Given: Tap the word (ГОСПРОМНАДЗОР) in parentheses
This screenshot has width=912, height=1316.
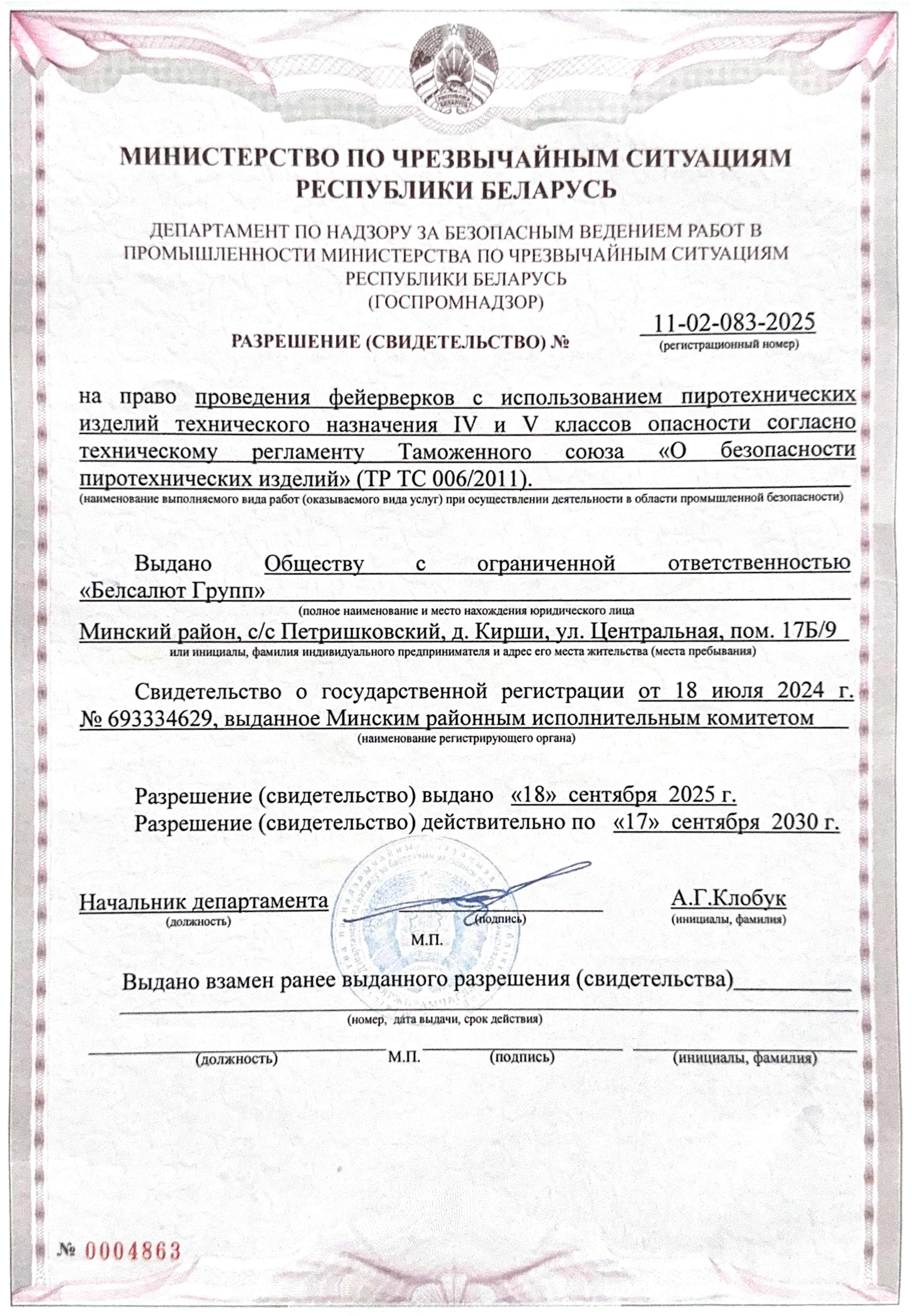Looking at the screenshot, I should [455, 301].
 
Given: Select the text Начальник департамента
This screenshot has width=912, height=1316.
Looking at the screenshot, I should [203, 902].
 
